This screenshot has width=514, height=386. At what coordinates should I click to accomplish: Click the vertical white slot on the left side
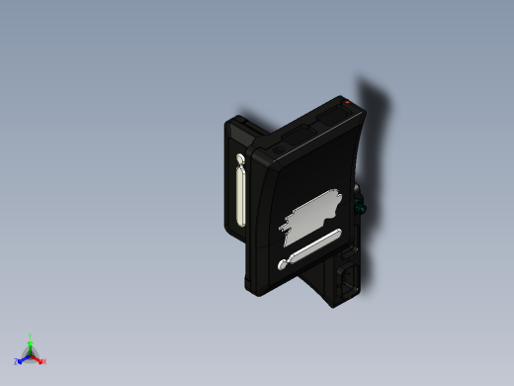(241, 196)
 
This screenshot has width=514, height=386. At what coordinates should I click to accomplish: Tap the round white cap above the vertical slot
(240, 158)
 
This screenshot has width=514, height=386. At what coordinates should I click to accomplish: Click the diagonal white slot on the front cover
(310, 248)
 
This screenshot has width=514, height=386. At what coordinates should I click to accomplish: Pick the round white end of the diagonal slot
(285, 264)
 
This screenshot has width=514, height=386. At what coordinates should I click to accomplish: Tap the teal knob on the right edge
(359, 207)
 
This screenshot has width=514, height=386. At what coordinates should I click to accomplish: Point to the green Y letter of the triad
(31, 337)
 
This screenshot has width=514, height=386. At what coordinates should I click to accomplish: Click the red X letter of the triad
(44, 361)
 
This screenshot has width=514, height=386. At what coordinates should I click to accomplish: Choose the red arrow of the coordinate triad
(38, 357)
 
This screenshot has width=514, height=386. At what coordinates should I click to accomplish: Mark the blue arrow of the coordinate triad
(24, 358)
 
